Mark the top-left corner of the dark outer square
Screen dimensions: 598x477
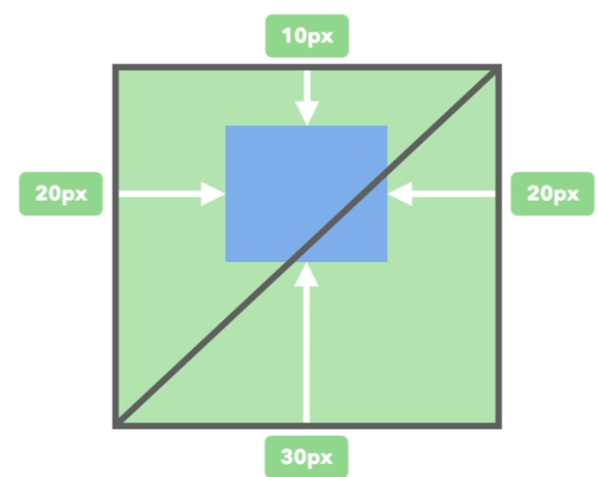pyautogui.click(x=115, y=67)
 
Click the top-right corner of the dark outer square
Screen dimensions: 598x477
pyautogui.click(x=499, y=67)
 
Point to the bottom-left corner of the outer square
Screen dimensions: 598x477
pyautogui.click(x=115, y=426)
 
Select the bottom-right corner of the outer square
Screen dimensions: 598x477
pyautogui.click(x=499, y=426)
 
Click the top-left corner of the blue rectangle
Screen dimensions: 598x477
pyautogui.click(x=226, y=126)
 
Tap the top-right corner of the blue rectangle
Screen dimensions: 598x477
pyautogui.click(x=387, y=126)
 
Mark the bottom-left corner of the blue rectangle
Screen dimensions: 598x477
pyautogui.click(x=226, y=261)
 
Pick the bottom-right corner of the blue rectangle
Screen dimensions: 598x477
pyautogui.click(x=387, y=261)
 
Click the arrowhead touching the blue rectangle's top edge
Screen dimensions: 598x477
pyautogui.click(x=306, y=115)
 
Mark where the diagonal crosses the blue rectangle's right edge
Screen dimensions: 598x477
pyautogui.click(x=387, y=172)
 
